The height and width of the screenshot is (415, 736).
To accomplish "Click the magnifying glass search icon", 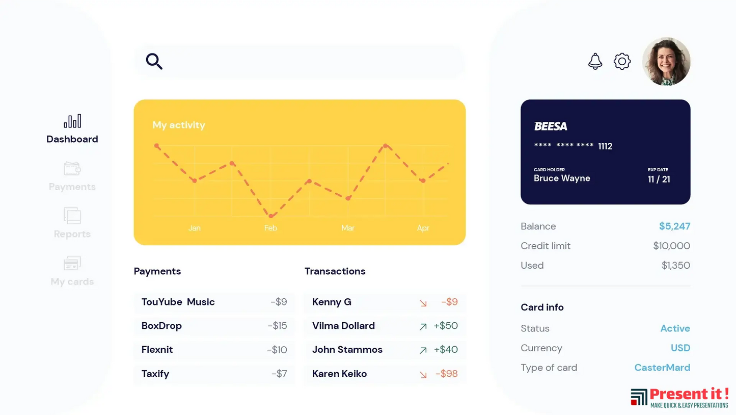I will click(x=154, y=61).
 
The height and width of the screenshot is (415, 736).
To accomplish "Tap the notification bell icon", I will click(x=595, y=61).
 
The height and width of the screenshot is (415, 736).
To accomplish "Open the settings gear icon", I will click(x=622, y=61).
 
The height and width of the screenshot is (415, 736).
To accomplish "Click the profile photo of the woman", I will click(x=666, y=61).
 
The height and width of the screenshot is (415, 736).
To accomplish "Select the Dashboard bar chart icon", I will click(x=72, y=121).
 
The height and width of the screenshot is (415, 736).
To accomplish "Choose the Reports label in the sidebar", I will click(x=72, y=234).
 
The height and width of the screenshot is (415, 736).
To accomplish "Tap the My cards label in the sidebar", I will click(x=72, y=281).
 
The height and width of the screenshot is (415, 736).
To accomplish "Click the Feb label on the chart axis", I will click(x=270, y=228).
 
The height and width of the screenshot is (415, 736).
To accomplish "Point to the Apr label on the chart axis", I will click(x=423, y=228).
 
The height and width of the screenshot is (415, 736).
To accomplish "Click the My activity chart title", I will click(x=179, y=125).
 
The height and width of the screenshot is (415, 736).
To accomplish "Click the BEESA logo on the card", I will click(x=551, y=126).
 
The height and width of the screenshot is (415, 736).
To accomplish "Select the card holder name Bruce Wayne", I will click(x=562, y=178).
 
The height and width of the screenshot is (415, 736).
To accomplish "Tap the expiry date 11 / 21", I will click(x=659, y=179).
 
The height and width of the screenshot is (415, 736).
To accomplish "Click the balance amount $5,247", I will click(x=674, y=226).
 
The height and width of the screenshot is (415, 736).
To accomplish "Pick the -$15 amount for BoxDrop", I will click(x=278, y=326).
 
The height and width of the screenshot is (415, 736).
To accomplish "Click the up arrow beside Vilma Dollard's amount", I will click(x=423, y=327).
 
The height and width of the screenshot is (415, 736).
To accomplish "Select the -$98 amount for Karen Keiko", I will click(x=447, y=374).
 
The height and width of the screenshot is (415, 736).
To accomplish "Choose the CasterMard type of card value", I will click(x=662, y=368).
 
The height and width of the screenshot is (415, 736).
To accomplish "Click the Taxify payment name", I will click(x=155, y=374).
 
